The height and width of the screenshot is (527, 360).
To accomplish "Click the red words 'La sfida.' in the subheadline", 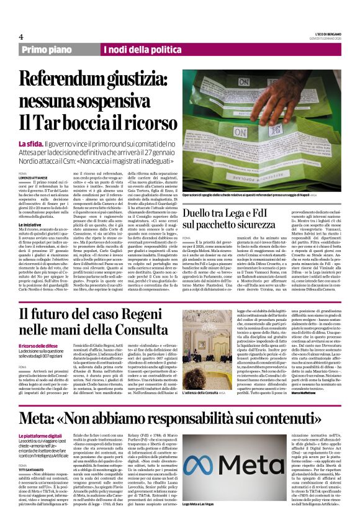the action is click(x=30, y=144).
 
